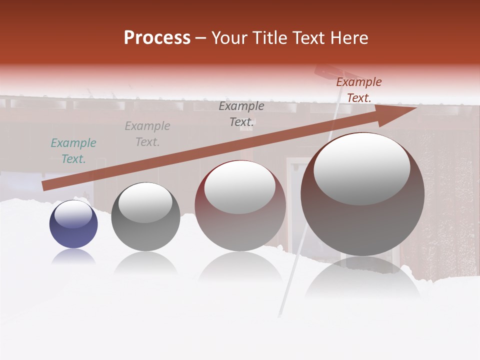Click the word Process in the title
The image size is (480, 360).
click(x=157, y=38)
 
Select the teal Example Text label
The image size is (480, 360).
click(x=73, y=151)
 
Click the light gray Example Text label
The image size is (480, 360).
click(x=147, y=134)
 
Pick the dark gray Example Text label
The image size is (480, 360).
click(x=241, y=114)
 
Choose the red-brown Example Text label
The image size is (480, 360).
click(x=359, y=90)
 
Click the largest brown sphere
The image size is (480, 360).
click(x=362, y=220)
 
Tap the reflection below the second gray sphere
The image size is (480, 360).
click(x=145, y=262)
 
